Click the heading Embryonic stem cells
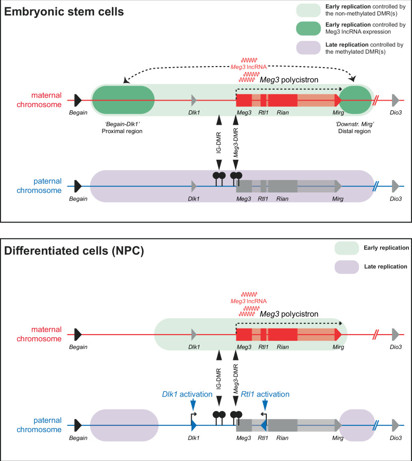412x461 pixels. (64, 12)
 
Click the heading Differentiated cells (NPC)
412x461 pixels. (74, 251)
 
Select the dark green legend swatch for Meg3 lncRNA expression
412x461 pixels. (308, 28)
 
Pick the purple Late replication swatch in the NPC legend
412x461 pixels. (347, 267)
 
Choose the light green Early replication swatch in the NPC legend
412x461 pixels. (347, 248)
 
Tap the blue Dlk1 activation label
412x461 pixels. (187, 394)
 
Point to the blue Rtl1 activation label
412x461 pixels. (265, 394)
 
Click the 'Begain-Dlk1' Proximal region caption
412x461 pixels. (122, 127)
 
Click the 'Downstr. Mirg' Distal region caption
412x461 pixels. (354, 127)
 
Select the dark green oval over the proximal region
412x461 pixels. (123, 100)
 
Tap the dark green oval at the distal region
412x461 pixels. (355, 100)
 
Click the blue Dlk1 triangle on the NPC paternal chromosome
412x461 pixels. (194, 425)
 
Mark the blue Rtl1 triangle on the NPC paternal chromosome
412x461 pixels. (263, 425)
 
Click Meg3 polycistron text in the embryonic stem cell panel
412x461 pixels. (289, 80)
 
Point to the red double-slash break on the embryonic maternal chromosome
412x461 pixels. (376, 100)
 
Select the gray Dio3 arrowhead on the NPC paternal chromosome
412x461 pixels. (396, 425)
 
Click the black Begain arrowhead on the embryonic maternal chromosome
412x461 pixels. (78, 100)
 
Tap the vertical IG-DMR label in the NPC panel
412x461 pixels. (219, 379)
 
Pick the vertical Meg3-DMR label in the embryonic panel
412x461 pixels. (236, 143)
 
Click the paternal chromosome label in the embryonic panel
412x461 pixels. (39, 186)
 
